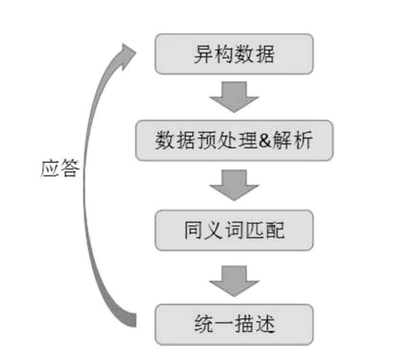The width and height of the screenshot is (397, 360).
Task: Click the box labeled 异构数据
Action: tap(234, 54)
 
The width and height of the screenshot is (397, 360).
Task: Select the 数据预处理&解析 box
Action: tap(234, 141)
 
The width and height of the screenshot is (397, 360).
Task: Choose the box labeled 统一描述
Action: tap(234, 325)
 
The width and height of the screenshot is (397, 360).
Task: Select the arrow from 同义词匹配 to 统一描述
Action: tap(234, 281)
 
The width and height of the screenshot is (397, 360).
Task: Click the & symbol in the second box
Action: tap(264, 141)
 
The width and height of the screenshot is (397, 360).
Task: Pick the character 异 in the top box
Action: tap(203, 54)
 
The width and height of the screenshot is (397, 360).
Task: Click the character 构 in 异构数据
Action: tap(223, 54)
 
